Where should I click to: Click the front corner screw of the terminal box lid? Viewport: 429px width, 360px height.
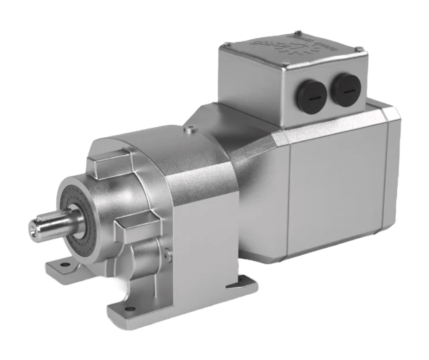coord(286,65)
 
